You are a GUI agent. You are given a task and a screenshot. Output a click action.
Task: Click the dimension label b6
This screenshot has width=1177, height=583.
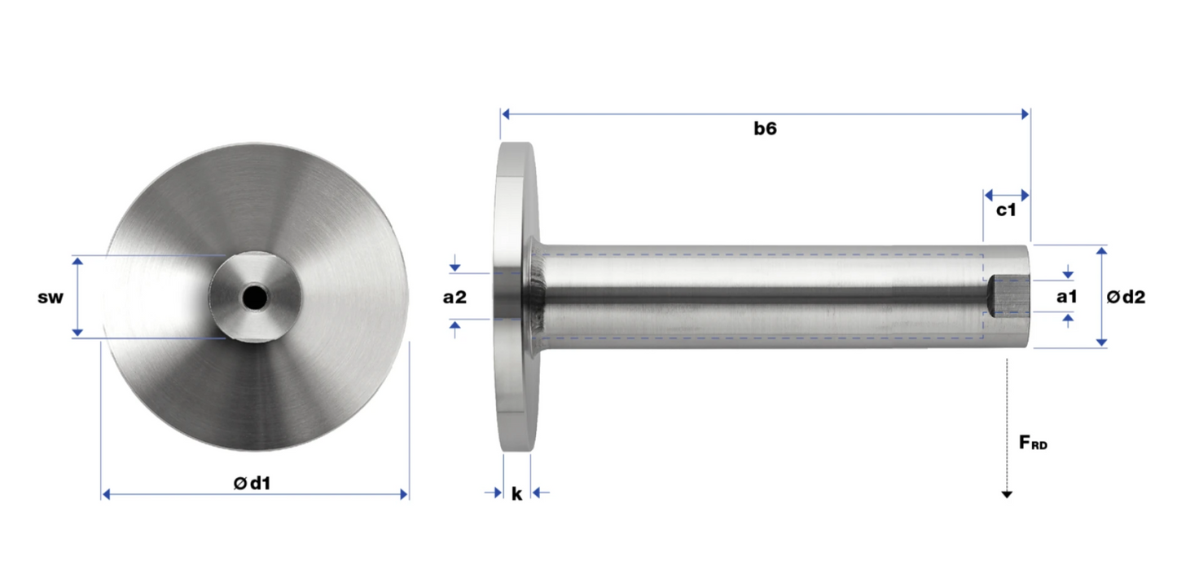coord(765,128)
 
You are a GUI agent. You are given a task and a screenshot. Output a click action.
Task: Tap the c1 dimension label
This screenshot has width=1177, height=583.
coord(1006,210)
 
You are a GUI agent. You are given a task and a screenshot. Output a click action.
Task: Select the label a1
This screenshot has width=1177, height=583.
coord(1067,297)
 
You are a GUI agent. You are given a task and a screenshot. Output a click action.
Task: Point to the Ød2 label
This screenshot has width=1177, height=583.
coord(1126,297)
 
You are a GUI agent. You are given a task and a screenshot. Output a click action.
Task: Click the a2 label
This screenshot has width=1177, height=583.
coord(455,298)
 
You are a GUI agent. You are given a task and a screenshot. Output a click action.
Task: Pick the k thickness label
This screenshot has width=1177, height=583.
coord(517,493)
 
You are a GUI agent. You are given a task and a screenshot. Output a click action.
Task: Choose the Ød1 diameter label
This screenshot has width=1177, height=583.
coord(253,483)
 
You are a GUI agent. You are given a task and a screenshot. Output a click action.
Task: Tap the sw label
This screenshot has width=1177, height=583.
coord(51,298)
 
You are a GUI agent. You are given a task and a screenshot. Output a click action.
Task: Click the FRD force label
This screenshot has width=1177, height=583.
coord(1033,443)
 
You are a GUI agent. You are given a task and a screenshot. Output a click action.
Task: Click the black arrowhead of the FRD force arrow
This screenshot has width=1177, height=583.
coord(1007,495)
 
